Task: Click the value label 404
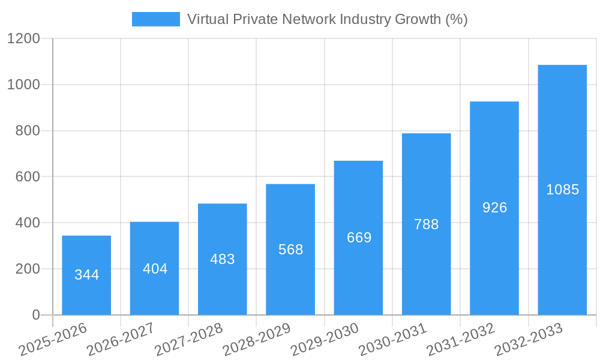(155, 269)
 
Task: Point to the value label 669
(359, 238)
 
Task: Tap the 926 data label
(495, 208)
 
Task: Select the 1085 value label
(563, 190)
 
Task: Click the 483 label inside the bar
(223, 259)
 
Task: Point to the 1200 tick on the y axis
(23, 39)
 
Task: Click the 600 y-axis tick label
(28, 177)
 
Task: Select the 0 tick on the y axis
(35, 315)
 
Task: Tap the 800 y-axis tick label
(28, 131)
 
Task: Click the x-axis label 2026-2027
(120, 340)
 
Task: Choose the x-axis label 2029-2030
(324, 340)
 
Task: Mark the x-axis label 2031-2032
(460, 340)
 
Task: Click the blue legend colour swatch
(155, 19)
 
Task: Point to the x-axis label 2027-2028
(188, 340)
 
